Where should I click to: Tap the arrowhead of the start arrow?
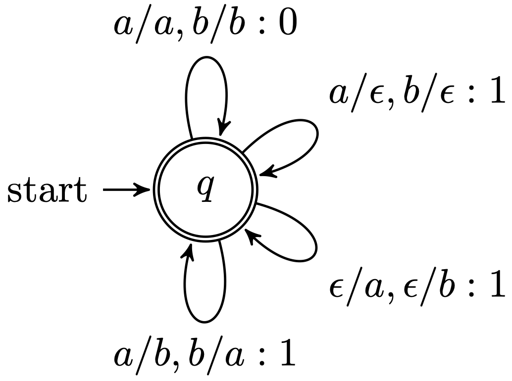[145, 190]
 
